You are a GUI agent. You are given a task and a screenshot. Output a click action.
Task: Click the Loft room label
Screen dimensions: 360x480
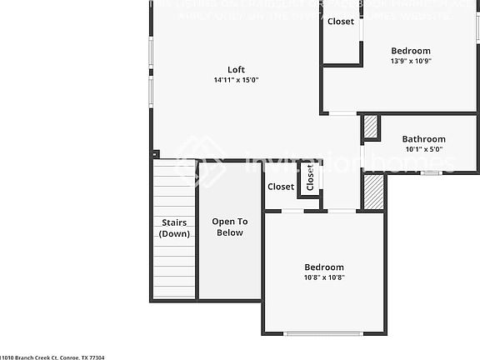[236, 69]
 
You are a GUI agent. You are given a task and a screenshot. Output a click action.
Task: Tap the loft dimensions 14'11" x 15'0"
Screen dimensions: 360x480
[236, 80]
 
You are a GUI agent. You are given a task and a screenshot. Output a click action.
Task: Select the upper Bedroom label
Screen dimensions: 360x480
[411, 51]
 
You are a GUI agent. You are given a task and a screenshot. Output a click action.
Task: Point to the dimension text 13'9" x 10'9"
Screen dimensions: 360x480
[411, 61]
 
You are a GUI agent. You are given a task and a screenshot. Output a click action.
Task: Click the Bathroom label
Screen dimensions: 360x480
[423, 139]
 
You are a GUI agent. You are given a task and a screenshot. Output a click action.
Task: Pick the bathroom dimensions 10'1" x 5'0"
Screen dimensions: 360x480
[423, 149]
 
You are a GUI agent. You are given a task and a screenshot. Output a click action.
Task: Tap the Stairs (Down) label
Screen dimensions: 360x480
[174, 227]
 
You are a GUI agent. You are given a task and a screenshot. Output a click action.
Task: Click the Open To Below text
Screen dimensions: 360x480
[230, 227]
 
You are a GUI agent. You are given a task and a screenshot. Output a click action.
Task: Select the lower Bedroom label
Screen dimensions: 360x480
[323, 267]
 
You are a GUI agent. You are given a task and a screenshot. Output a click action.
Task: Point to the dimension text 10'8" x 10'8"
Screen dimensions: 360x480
[323, 277]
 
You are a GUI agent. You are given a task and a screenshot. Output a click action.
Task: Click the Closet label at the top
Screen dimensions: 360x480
[340, 22]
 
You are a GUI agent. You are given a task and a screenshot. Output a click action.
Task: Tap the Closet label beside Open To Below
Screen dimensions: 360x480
[281, 187]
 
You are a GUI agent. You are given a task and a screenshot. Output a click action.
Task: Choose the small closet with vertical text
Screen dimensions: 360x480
[310, 177]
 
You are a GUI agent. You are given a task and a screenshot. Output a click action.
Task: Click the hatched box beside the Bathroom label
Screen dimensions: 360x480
[370, 127]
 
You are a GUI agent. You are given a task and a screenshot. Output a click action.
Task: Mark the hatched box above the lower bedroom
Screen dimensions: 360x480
[373, 192]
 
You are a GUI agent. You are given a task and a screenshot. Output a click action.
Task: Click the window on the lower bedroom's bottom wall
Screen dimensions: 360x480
[323, 333]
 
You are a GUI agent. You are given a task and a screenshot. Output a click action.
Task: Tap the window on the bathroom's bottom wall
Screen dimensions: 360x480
[430, 172]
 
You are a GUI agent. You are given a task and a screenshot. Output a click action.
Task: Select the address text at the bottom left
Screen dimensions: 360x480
[52, 356]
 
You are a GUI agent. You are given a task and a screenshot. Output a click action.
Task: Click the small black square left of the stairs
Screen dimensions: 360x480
[156, 153]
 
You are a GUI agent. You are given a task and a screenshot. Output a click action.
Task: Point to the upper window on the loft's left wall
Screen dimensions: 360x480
[151, 52]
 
